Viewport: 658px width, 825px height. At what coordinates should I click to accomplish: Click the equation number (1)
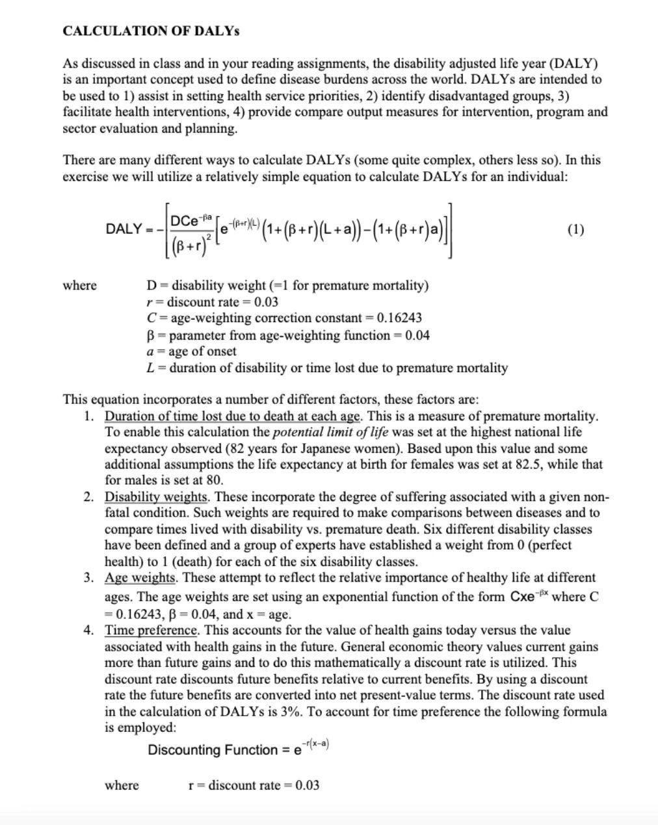pos(575,229)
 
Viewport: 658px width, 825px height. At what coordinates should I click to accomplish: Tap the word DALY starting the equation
pos(124,229)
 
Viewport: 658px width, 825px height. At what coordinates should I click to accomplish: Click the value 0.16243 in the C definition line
pos(399,318)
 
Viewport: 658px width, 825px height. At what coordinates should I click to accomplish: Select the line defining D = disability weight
pos(287,286)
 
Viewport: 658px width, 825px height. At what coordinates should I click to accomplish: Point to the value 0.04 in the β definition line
pos(417,335)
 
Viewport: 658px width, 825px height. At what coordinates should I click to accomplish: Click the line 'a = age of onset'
pos(191,351)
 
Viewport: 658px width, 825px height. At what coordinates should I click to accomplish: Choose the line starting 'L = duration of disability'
pos(326,368)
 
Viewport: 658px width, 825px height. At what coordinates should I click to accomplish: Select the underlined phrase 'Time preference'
pos(151,630)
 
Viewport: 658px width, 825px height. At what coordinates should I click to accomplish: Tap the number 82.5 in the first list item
pos(521,465)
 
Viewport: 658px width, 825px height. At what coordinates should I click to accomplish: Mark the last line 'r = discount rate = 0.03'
pos(254,785)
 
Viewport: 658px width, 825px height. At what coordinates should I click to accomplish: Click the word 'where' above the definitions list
pos(79,286)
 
